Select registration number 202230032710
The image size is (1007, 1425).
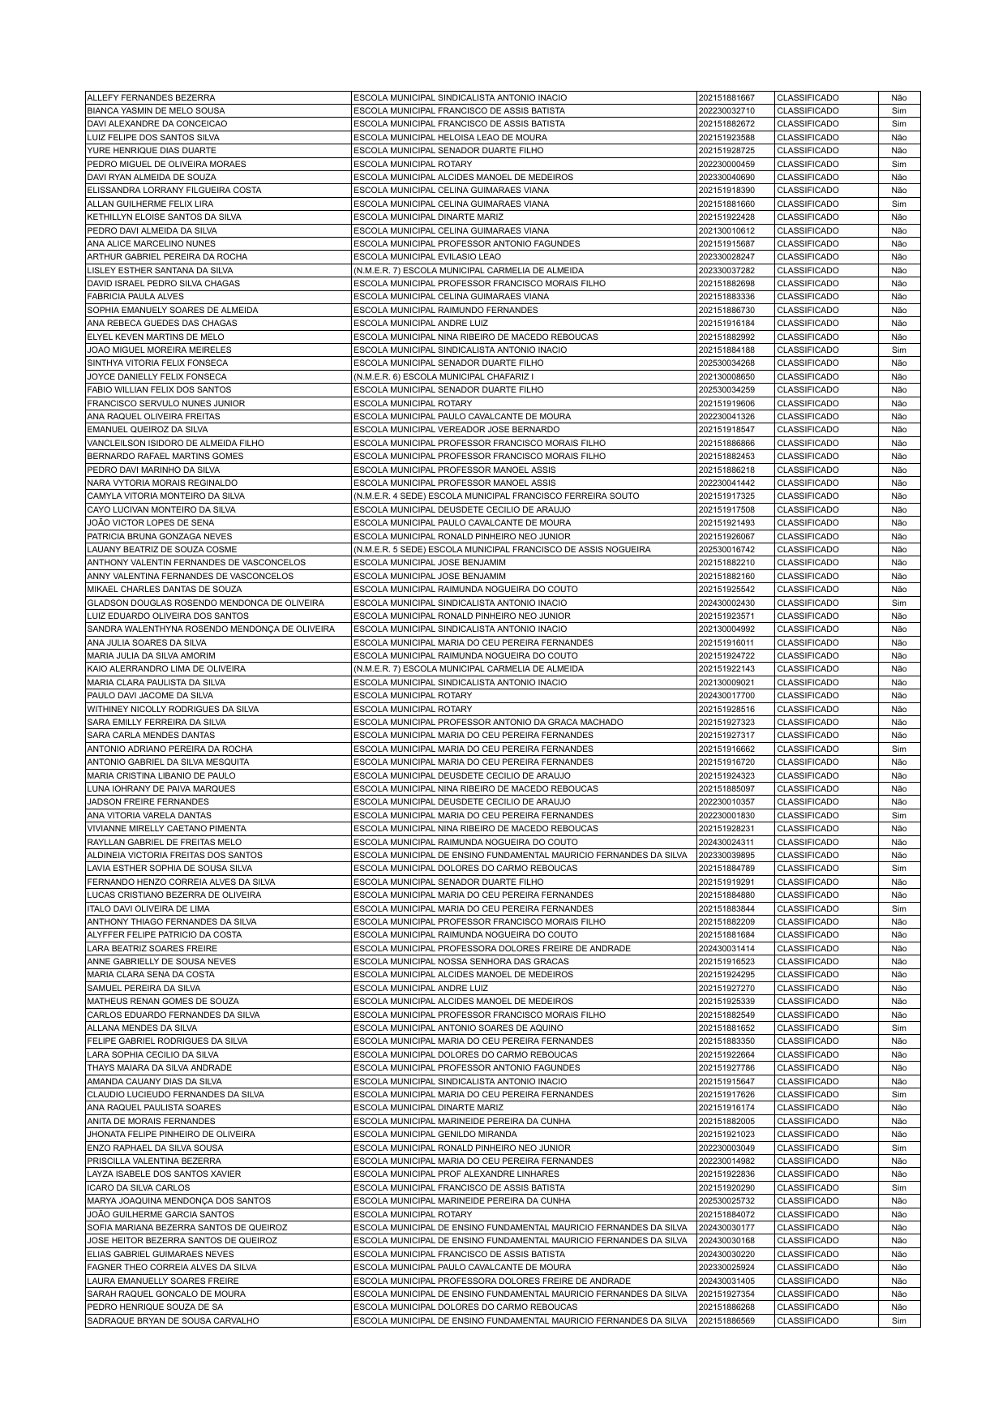pos(726,110)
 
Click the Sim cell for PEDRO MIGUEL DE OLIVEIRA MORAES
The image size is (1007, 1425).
pos(898,164)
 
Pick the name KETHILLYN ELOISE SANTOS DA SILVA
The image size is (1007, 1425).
pos(164,217)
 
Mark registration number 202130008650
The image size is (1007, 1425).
pos(726,376)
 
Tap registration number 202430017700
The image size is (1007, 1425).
pos(726,696)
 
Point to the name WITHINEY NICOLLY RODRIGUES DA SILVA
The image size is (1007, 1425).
pos(173,709)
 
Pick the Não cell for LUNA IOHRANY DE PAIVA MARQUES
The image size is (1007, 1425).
pos(898,789)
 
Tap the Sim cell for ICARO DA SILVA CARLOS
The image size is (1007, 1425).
pos(898,1188)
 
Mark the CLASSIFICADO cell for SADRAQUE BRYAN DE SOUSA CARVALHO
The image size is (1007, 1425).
pos(808,1321)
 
